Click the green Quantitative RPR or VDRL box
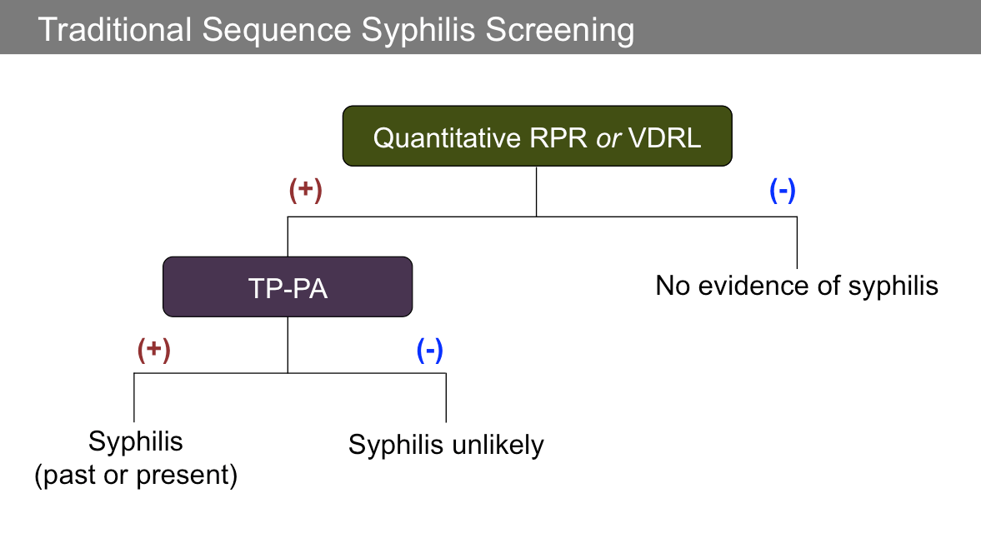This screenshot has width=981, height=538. (x=537, y=136)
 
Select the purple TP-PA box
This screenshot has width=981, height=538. (x=288, y=286)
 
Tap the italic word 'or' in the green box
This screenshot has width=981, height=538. (x=608, y=137)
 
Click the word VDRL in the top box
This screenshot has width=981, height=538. (x=665, y=137)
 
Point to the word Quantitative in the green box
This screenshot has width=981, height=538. (x=448, y=137)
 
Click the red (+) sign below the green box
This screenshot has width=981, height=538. (x=305, y=191)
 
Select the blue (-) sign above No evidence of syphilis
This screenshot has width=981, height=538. (x=782, y=191)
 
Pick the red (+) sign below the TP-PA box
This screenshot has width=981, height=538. (x=153, y=350)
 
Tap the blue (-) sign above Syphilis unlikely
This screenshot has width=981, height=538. (x=429, y=351)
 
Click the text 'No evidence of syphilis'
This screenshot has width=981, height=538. (x=797, y=286)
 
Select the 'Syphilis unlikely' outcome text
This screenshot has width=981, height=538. (x=446, y=445)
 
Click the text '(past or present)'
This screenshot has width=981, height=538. (x=136, y=476)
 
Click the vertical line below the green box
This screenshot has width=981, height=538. (x=536, y=191)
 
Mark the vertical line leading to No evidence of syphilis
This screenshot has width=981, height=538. (x=798, y=242)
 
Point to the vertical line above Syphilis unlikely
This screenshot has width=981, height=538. (x=446, y=397)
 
